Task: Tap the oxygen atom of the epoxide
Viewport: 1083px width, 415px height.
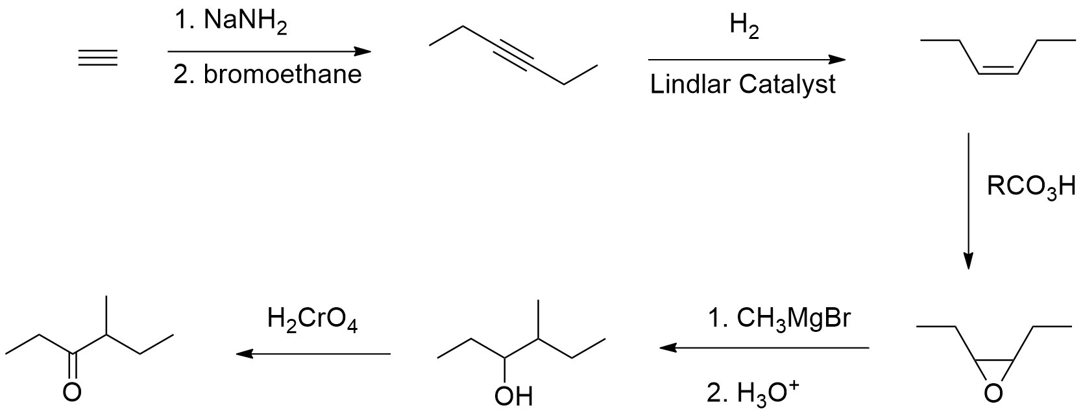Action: pos(993,392)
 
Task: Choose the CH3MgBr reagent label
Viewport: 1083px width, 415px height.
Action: pos(778,319)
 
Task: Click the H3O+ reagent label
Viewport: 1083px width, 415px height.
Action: pos(753,393)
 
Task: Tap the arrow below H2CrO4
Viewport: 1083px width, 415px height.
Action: pos(313,354)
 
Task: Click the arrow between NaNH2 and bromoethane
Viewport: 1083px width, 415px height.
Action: pos(269,51)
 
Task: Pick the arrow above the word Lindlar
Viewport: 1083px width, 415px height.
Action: pos(746,60)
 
